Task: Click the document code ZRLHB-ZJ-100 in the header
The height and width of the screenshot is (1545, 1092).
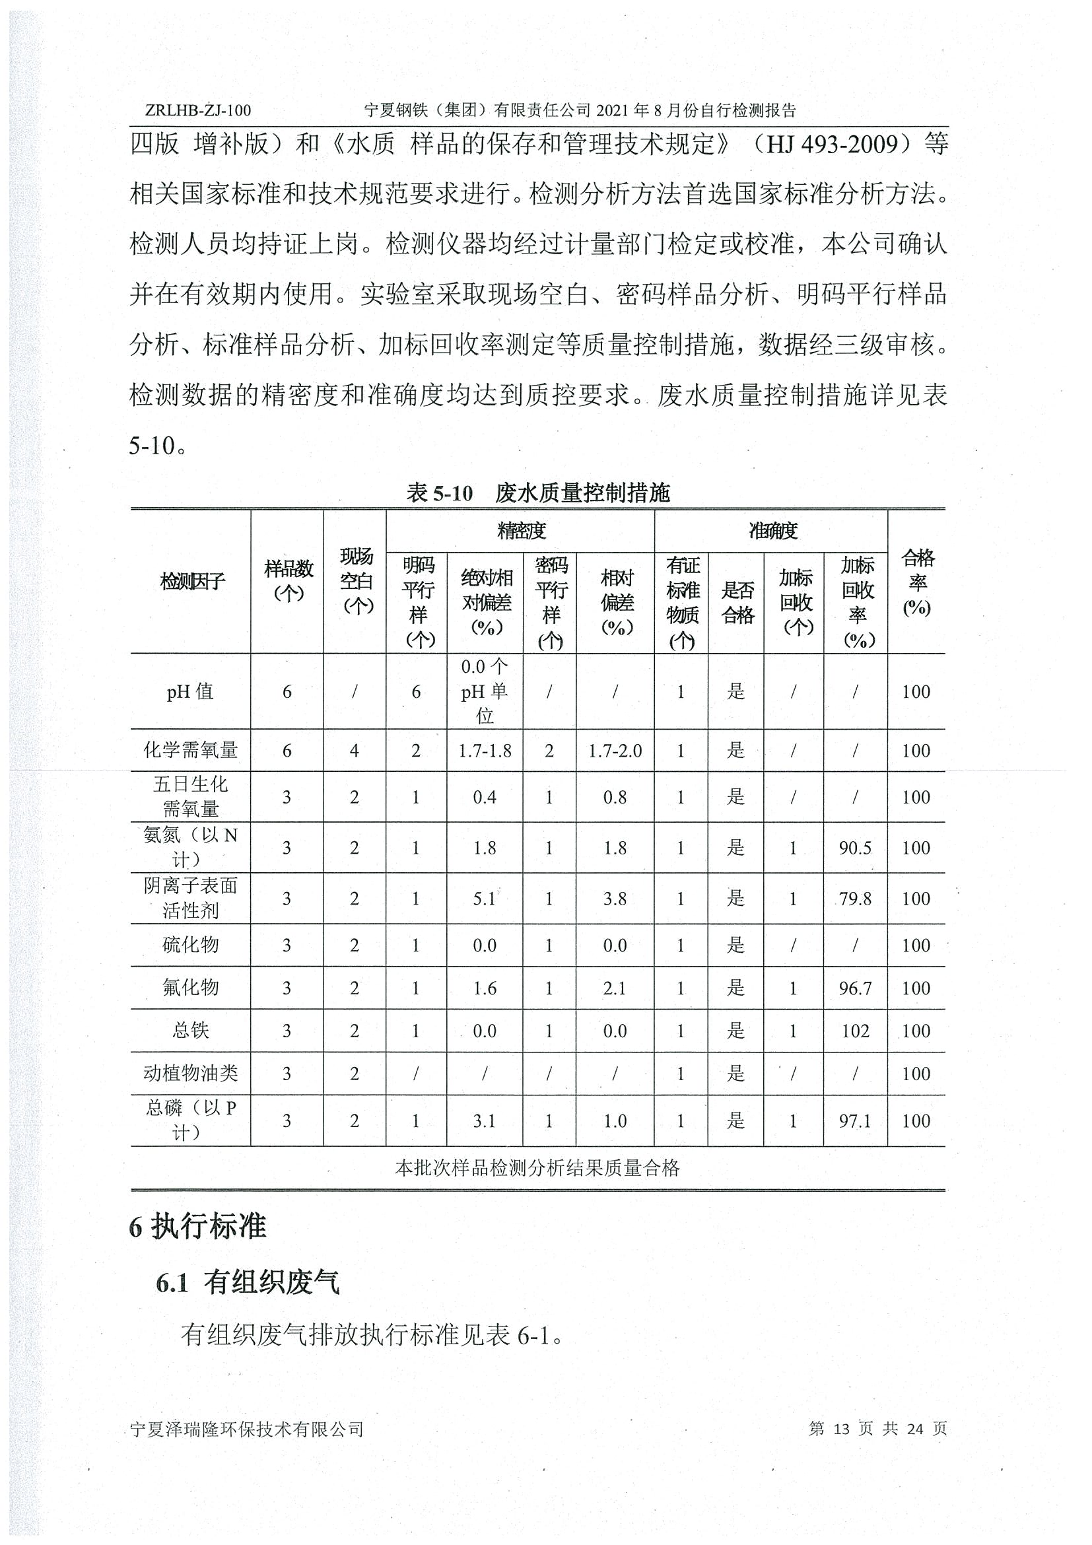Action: click(x=197, y=110)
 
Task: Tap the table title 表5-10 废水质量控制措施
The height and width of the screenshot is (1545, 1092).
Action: click(x=537, y=493)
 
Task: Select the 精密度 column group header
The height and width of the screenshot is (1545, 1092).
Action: click(x=521, y=531)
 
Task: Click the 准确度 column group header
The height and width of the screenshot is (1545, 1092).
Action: click(x=772, y=531)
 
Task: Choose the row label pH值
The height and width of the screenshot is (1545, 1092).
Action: click(x=190, y=691)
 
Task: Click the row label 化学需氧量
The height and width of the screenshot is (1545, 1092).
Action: click(x=190, y=750)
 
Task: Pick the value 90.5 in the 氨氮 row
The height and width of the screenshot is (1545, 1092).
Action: click(x=855, y=848)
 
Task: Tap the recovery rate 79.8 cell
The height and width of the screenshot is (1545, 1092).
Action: click(x=855, y=899)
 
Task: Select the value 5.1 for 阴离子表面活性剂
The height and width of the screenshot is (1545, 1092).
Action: click(x=485, y=899)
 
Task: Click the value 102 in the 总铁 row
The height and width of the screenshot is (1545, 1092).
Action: click(x=855, y=1031)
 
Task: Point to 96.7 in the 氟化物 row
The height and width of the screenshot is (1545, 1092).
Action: click(x=855, y=988)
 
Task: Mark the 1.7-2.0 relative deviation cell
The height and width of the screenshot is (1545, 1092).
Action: click(x=615, y=750)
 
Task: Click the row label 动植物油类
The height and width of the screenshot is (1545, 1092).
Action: click(x=190, y=1074)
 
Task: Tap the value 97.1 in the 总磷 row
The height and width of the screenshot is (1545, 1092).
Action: click(x=855, y=1120)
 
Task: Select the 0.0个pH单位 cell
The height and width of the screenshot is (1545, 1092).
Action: click(x=485, y=691)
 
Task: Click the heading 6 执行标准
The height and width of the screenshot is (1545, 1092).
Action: click(x=198, y=1227)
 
